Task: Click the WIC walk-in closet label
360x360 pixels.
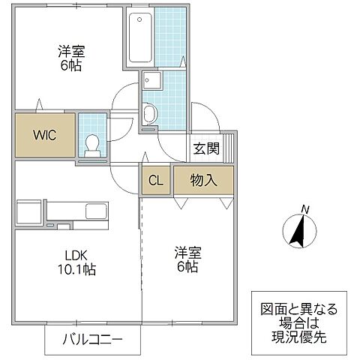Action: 43,135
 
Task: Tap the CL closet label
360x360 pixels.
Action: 155,180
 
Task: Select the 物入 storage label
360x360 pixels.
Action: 203,180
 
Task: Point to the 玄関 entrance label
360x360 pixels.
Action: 206,148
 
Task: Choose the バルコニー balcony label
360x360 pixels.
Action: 93,340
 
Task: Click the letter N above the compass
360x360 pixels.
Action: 304,208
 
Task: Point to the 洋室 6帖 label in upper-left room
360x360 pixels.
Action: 72,58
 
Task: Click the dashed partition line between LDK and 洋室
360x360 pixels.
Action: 139,247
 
